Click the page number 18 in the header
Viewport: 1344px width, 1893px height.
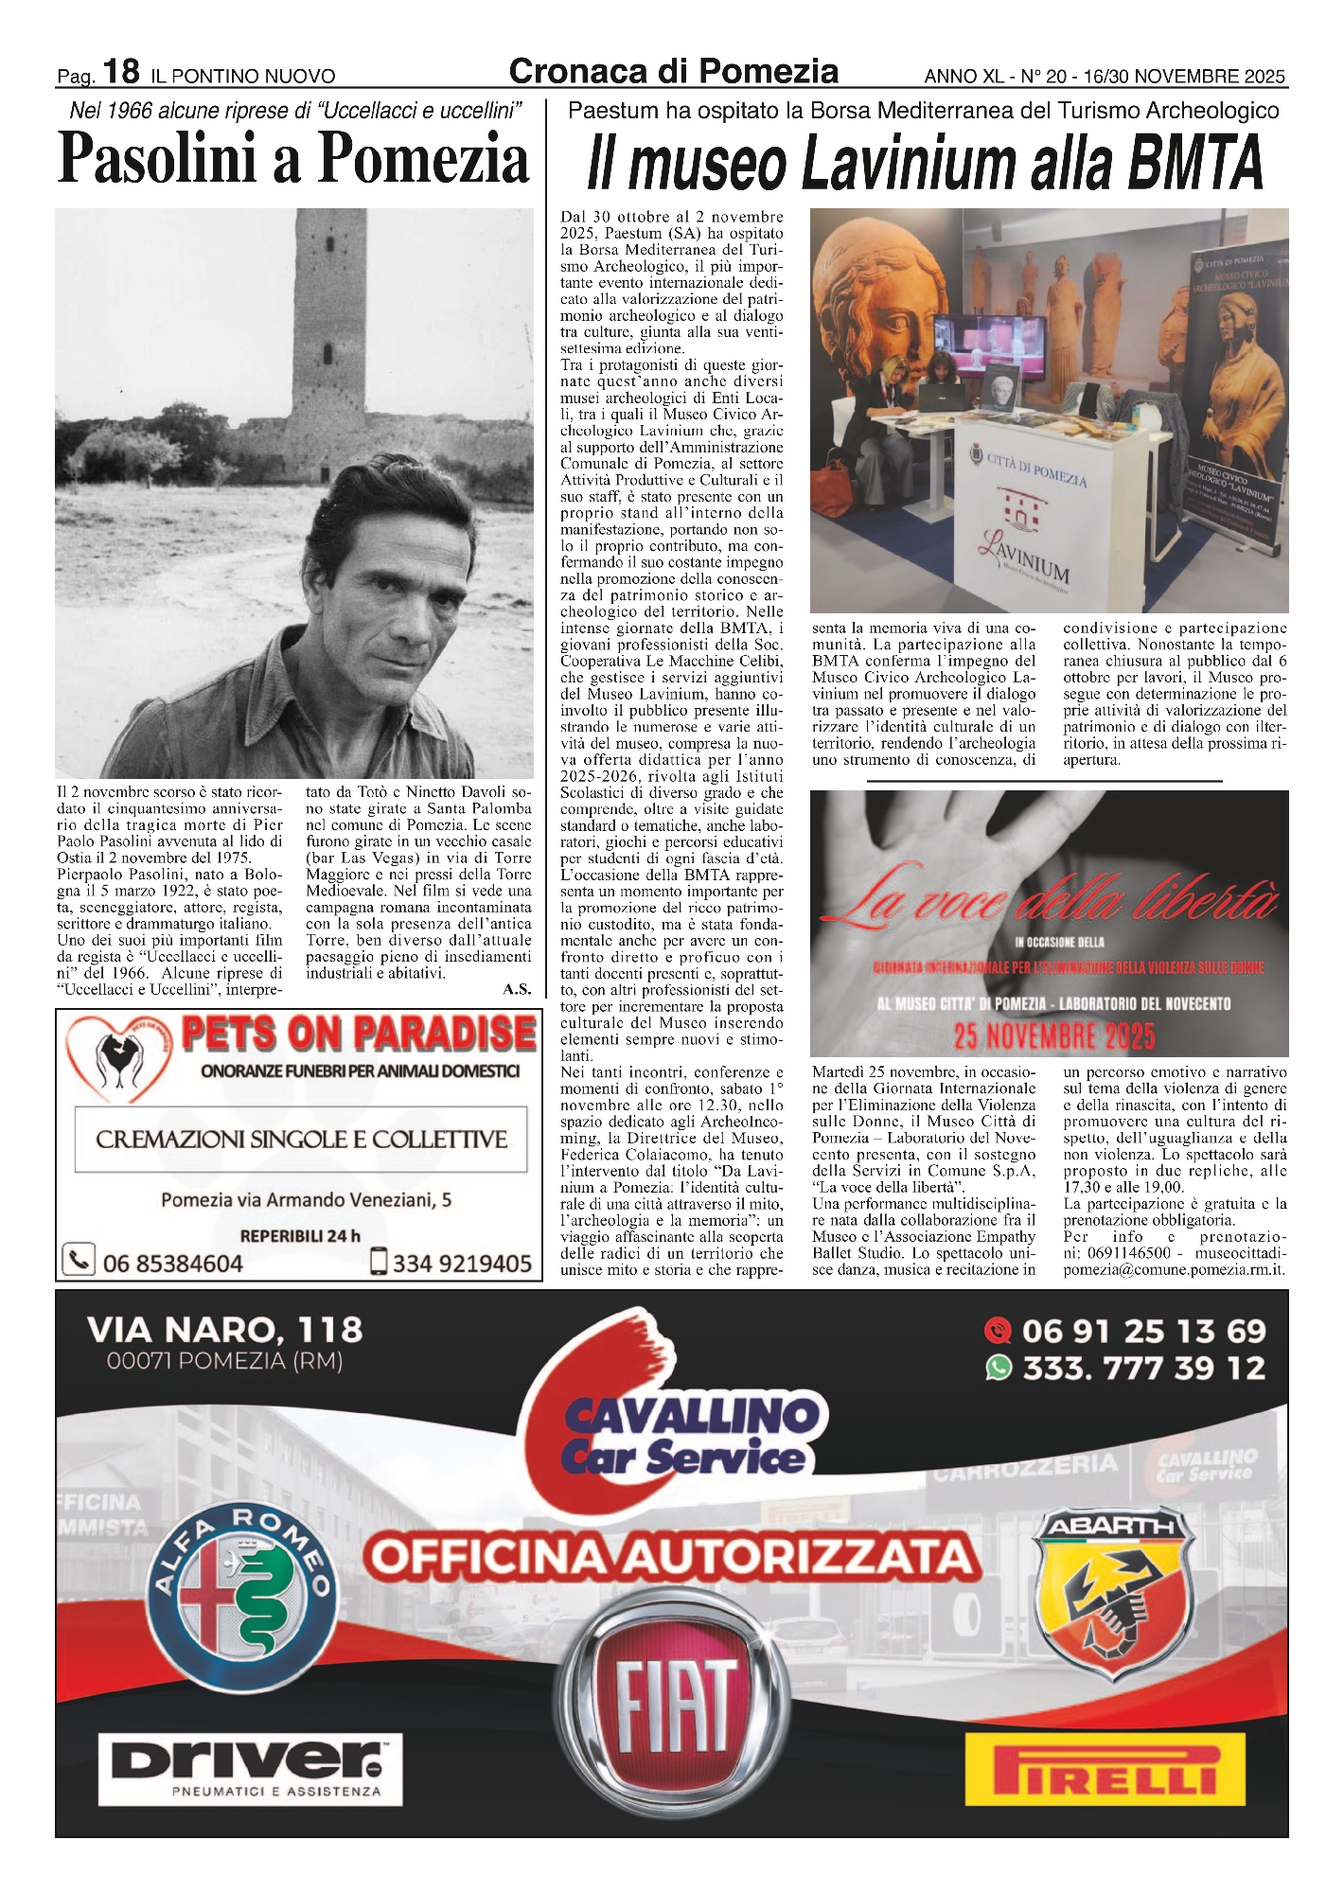(121, 71)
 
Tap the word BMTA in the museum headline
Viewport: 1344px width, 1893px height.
(1195, 163)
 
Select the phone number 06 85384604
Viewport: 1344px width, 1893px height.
(172, 1263)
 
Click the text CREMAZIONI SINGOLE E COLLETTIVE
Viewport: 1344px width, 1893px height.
(301, 1140)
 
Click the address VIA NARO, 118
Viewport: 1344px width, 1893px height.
(224, 1330)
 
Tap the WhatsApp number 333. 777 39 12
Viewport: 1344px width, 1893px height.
(1143, 1368)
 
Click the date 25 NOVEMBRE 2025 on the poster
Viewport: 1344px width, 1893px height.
(1053, 1035)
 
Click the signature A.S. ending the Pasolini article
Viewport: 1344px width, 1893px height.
(517, 989)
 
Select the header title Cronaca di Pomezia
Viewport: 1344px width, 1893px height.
(673, 72)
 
